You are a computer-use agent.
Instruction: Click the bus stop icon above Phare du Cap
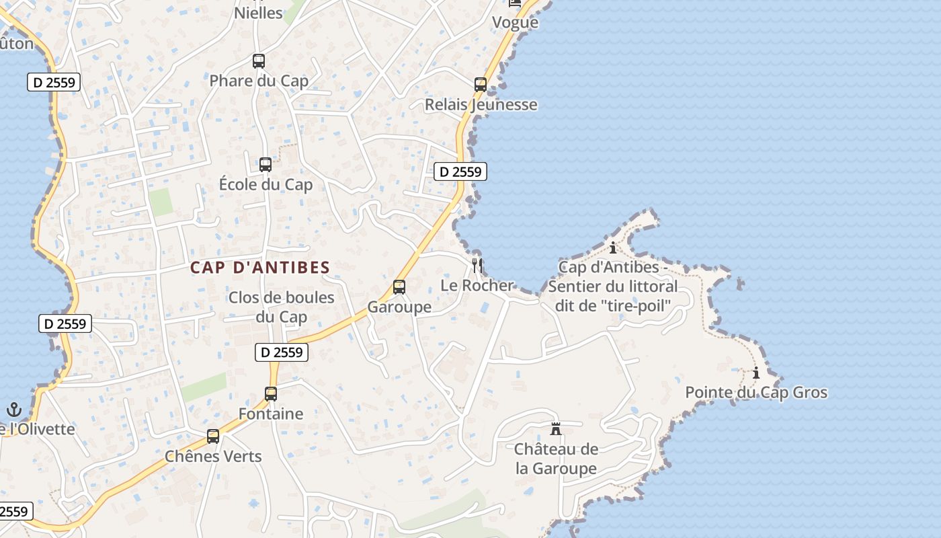259,61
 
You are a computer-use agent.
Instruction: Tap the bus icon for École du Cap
265,165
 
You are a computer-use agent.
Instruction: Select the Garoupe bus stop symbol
399,287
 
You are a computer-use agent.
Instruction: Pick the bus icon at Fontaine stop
271,394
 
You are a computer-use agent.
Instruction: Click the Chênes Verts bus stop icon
213,436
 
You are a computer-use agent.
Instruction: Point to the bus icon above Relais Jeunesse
481,85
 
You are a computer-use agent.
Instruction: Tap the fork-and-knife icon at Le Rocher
477,265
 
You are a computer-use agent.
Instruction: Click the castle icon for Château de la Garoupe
556,428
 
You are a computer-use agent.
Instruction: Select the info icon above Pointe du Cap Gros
756,373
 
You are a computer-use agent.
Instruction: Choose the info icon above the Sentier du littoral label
612,247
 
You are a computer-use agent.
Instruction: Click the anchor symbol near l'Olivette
13,409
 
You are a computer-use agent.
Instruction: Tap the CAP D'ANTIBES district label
260,268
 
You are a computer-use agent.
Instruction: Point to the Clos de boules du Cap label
281,307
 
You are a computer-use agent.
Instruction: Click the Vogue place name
515,23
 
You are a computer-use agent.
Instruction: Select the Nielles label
258,13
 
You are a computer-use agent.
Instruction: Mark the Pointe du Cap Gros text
756,393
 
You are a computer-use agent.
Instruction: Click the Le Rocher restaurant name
477,285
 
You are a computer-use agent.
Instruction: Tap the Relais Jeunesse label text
481,105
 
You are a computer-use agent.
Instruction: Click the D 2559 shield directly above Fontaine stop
282,352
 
